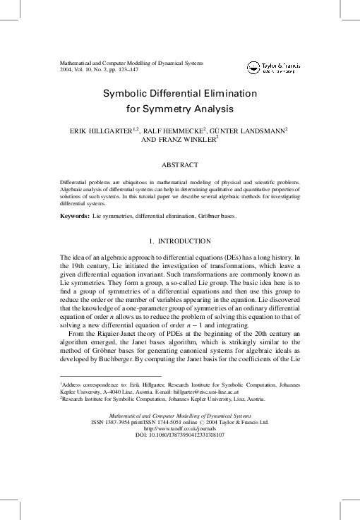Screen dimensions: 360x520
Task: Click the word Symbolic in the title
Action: tap(128, 93)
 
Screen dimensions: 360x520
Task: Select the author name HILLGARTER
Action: tap(112, 131)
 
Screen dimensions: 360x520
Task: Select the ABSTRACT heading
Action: tap(179, 164)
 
